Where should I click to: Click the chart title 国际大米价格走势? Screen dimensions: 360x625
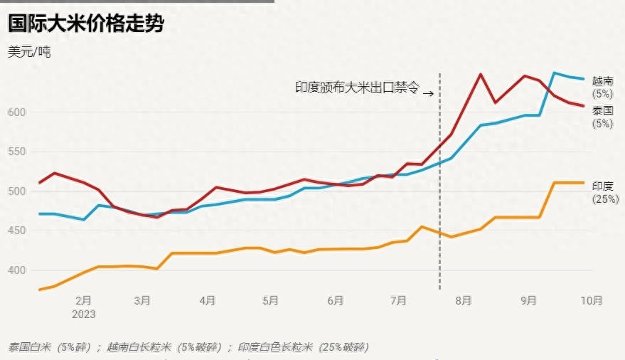[x=86, y=24]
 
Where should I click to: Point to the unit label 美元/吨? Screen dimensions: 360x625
[x=30, y=52]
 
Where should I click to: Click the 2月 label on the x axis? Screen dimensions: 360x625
[x=83, y=301]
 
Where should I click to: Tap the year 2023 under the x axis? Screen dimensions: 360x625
[x=84, y=313]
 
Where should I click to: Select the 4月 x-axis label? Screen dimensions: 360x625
[x=208, y=301]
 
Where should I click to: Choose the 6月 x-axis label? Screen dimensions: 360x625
[x=336, y=301]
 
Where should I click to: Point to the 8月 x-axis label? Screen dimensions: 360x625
[x=463, y=301]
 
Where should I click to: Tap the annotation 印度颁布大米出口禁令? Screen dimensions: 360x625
[x=357, y=88]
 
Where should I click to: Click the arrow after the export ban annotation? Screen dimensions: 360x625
[x=428, y=91]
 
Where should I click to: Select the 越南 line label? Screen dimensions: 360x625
[x=602, y=81]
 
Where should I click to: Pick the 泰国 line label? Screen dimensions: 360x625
[x=602, y=111]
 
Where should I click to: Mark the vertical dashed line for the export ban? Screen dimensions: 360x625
[x=439, y=213]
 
